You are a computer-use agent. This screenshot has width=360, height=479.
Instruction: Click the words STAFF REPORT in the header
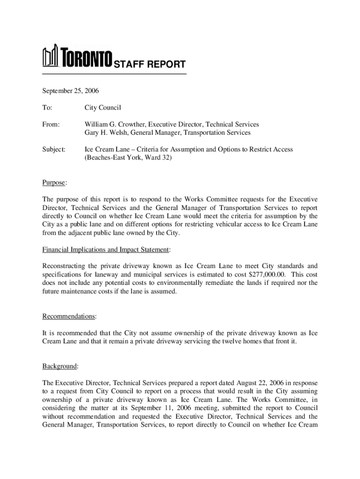point(150,65)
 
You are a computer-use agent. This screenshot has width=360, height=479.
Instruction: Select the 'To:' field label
point(47,108)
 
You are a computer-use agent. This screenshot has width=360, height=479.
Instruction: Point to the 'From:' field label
point(51,124)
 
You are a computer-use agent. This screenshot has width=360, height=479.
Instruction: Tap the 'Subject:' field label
point(54,149)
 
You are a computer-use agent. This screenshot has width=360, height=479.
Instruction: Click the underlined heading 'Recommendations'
point(69,316)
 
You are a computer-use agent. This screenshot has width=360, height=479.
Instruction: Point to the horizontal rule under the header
point(114,74)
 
